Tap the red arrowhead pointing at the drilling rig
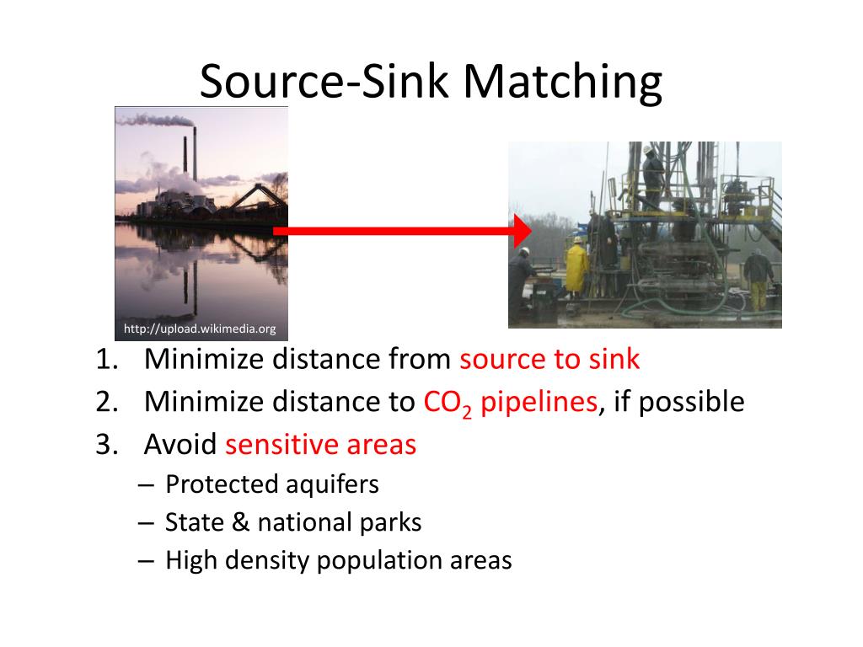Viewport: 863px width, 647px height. pos(523,230)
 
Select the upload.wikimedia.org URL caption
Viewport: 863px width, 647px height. pos(200,329)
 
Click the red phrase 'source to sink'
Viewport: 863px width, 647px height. pos(549,360)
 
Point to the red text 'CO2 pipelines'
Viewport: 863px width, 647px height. pos(510,403)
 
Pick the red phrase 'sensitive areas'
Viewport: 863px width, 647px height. pos(320,444)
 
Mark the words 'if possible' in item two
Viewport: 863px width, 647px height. pos(678,402)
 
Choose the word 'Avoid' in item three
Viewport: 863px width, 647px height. pos(180,444)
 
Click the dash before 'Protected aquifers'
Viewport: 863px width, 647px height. pos(144,485)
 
